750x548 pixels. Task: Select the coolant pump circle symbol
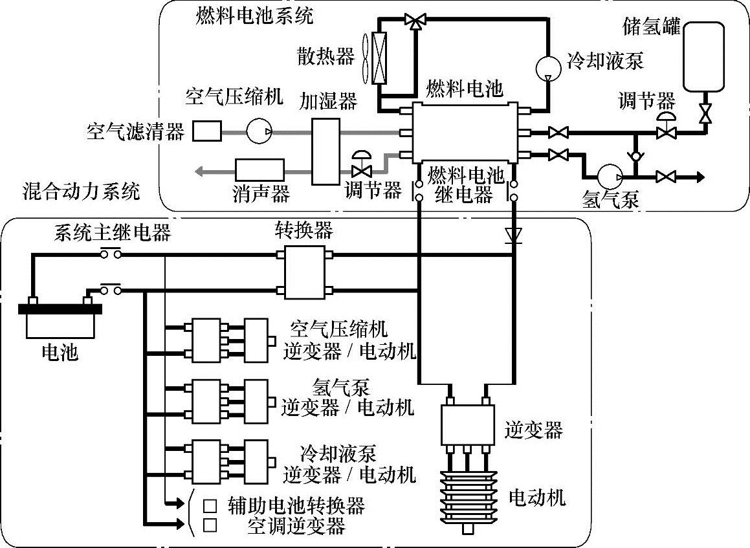click(548, 67)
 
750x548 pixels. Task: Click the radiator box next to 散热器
click(381, 58)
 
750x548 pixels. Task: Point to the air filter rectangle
click(208, 131)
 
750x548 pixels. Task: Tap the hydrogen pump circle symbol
click(609, 177)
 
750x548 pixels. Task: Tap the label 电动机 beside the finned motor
click(537, 497)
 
